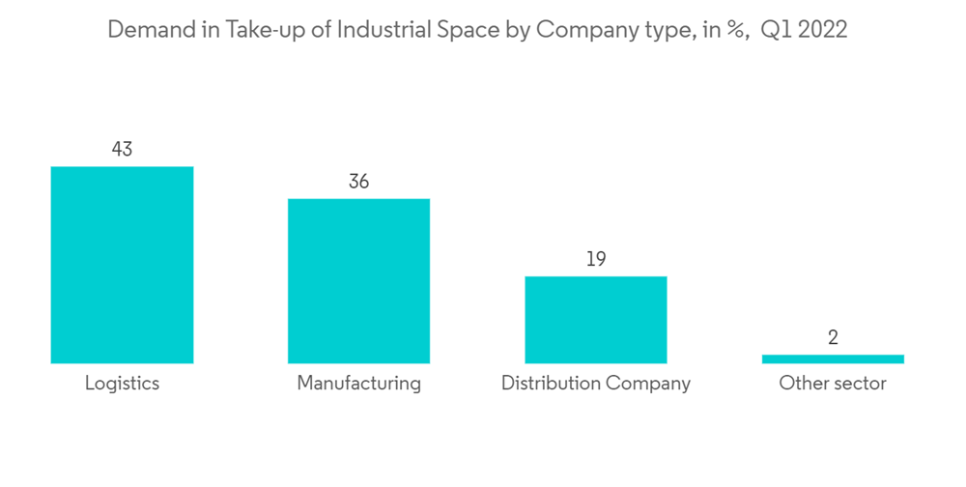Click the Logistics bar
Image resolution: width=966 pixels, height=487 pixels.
(x=122, y=265)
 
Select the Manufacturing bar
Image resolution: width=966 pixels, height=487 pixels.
(x=358, y=281)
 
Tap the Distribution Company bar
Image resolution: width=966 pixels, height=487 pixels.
(x=595, y=320)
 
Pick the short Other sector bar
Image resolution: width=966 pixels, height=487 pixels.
(x=833, y=358)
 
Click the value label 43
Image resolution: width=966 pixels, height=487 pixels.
(x=122, y=150)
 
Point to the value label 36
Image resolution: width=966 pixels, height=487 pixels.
(x=358, y=182)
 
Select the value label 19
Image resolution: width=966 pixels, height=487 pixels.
(x=596, y=259)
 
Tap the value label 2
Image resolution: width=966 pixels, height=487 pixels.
(x=833, y=337)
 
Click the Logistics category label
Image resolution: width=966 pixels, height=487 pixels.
(x=122, y=384)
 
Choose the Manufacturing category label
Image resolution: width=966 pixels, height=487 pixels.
(x=358, y=384)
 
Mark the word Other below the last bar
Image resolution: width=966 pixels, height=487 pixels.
(x=801, y=384)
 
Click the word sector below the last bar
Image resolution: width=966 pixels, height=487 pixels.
(x=857, y=384)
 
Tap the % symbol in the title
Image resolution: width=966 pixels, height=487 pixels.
(x=735, y=30)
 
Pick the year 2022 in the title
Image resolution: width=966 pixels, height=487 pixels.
(x=822, y=30)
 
